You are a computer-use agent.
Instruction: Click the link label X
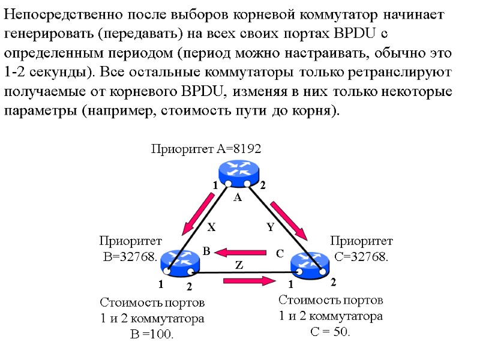click(x=211, y=228)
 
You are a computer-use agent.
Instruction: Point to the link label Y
click(x=270, y=227)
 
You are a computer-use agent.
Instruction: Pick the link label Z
click(x=238, y=265)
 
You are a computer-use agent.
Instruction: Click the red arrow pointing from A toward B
click(x=198, y=217)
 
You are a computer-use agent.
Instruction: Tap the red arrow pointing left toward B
click(x=240, y=252)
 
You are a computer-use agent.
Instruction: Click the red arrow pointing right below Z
click(x=245, y=279)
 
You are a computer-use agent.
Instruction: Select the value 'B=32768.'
click(x=130, y=257)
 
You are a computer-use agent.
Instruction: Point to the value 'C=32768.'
click(x=361, y=257)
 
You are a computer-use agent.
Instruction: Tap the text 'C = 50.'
click(x=330, y=332)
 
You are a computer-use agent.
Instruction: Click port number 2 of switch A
click(x=262, y=187)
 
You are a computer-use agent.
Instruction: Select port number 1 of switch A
click(x=213, y=187)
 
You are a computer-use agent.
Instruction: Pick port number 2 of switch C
click(x=334, y=281)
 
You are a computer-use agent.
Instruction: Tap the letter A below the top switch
click(x=237, y=197)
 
